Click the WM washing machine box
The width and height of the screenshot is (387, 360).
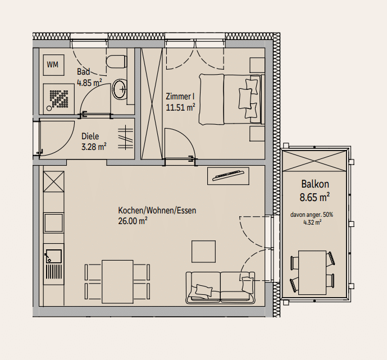54,65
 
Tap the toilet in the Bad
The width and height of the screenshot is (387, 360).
117,61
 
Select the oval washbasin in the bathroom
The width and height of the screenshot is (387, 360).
120,89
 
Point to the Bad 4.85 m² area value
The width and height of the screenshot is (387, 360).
89,83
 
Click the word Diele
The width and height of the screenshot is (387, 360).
90,136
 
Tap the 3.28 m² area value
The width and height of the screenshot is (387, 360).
94,147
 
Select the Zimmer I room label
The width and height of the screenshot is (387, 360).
180,96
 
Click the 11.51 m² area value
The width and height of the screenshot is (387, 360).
180,108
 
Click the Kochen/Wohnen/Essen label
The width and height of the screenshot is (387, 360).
157,211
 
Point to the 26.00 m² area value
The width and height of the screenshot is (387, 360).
133,221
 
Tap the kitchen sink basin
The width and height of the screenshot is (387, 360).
53,256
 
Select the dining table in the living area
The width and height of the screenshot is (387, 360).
117,281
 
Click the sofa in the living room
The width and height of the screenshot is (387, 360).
220,288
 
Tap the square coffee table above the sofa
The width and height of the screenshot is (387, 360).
204,252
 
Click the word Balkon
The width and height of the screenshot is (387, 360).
315,184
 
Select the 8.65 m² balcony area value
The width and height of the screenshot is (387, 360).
315,197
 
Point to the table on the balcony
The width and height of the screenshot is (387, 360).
312,272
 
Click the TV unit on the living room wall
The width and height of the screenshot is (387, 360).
228,176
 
